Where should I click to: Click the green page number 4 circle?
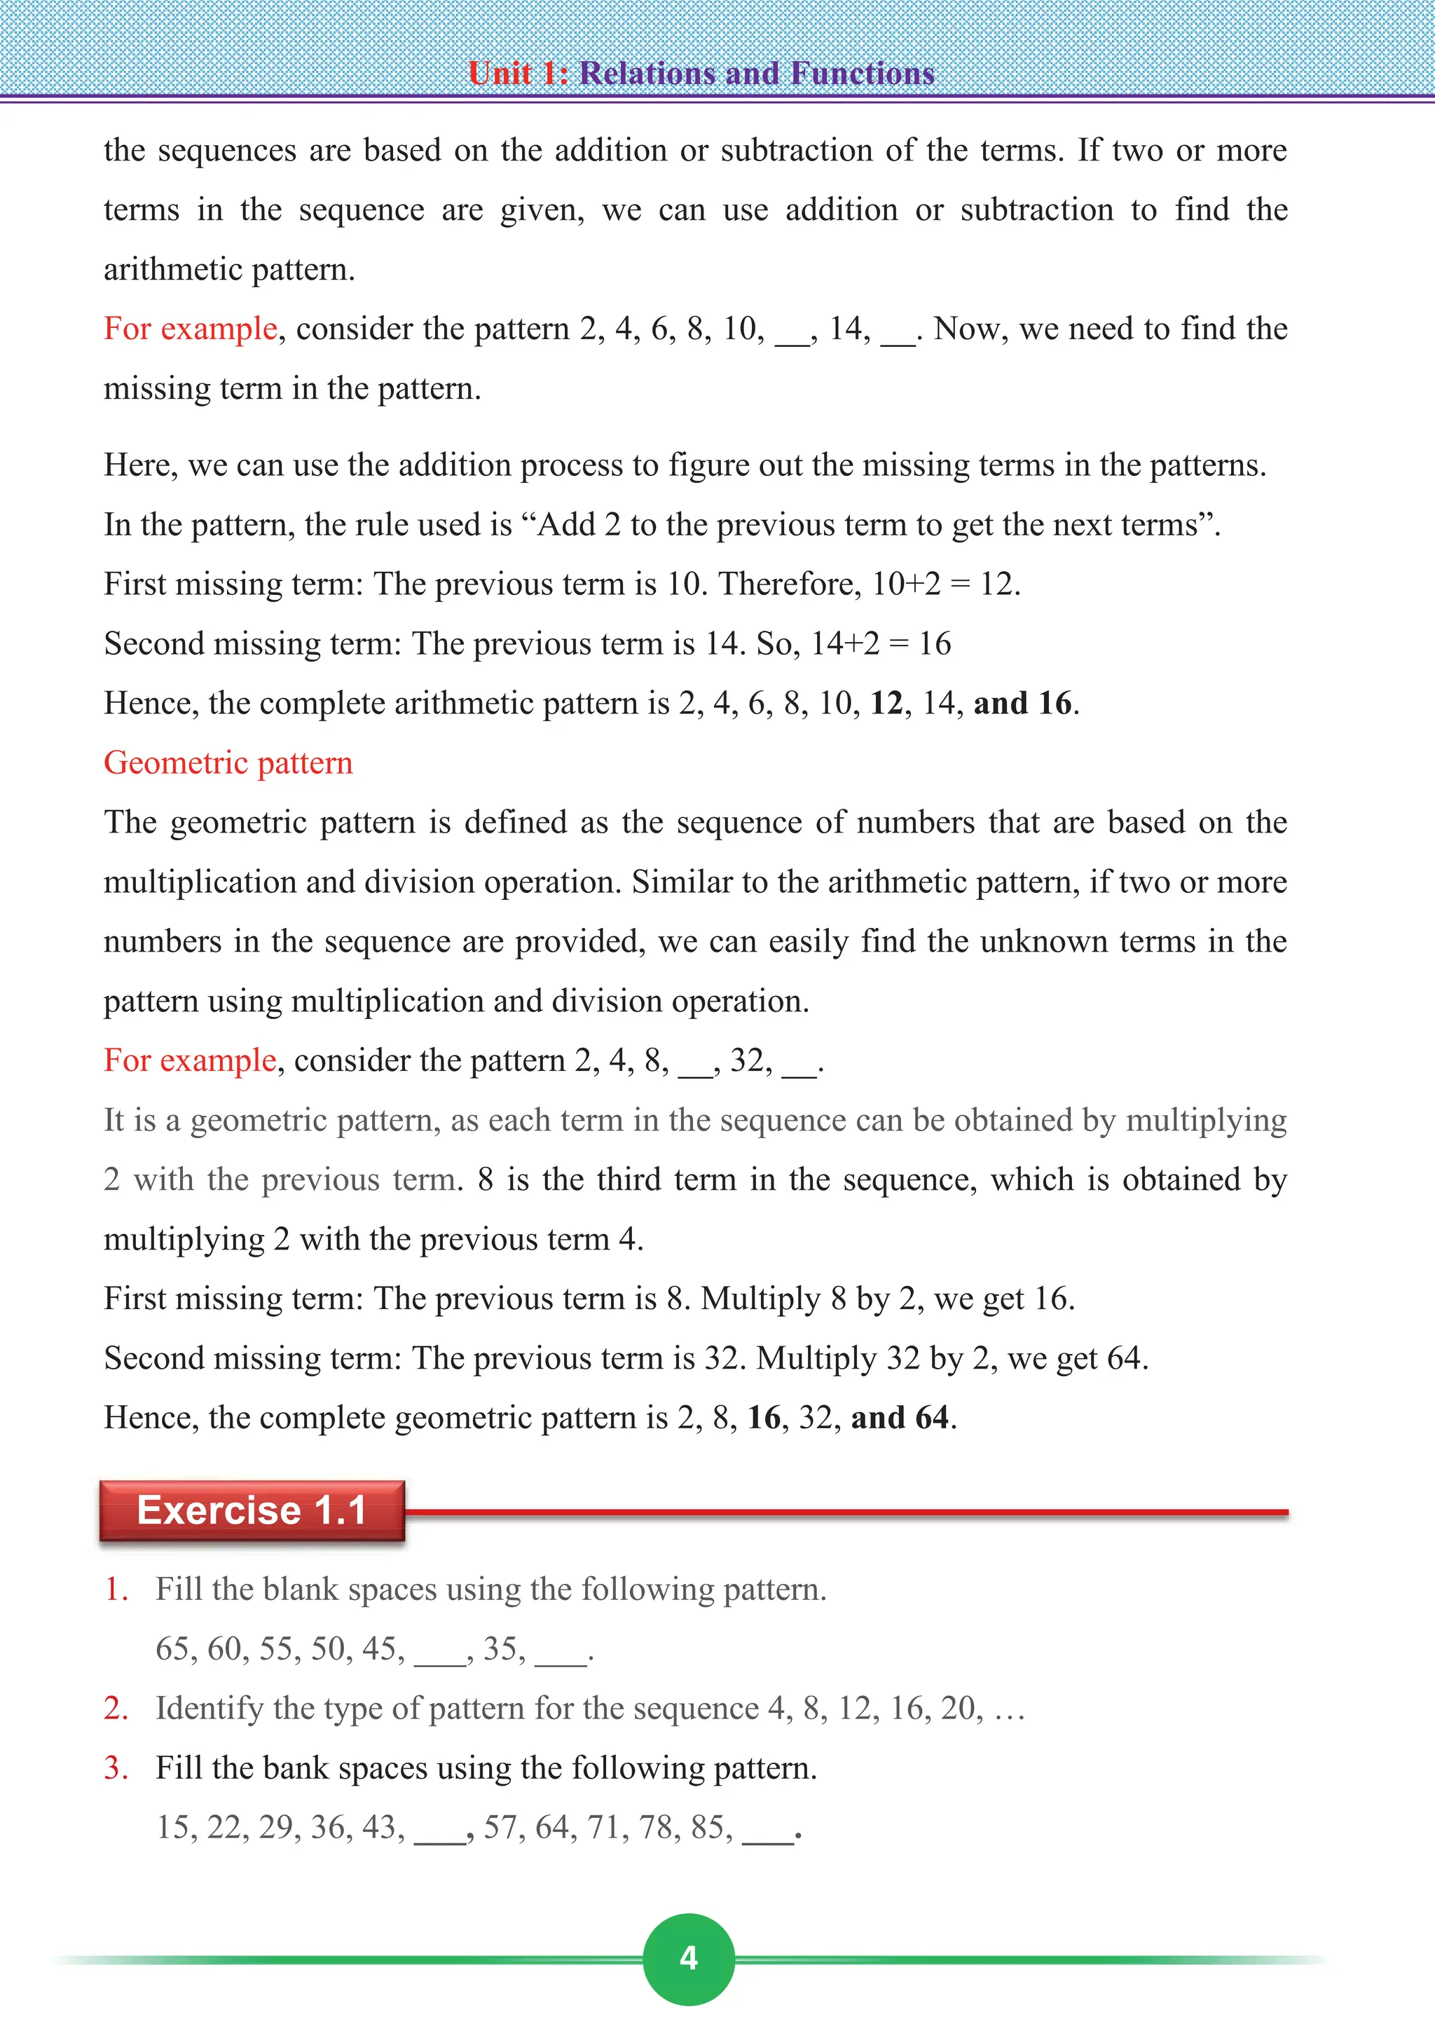coord(689,1958)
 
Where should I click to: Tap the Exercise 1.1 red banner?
coord(252,1510)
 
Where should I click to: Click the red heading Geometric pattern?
coord(228,763)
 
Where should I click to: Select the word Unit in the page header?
coord(500,73)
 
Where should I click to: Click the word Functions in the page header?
coord(863,73)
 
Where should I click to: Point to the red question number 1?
coord(116,1589)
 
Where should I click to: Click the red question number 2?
coord(116,1708)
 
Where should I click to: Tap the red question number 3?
coord(116,1767)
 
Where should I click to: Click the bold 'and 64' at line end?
coord(900,1418)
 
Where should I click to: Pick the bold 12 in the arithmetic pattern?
coord(886,703)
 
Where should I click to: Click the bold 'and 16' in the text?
coord(1022,703)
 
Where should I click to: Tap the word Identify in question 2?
coord(209,1709)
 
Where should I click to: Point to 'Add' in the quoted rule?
coord(567,525)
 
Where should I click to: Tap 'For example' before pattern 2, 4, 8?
coord(190,1060)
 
